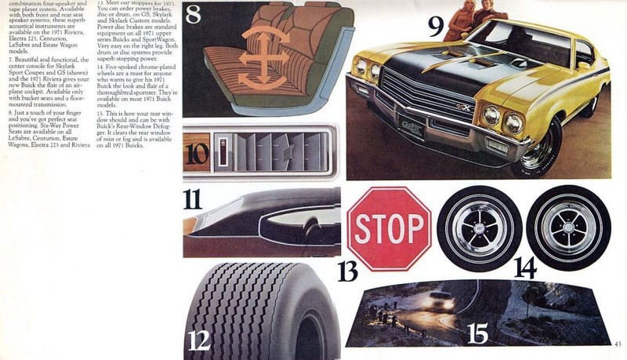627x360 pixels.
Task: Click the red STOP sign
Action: click(x=390, y=228)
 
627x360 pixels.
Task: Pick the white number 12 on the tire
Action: click(x=200, y=339)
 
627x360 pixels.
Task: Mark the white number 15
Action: click(x=480, y=333)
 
